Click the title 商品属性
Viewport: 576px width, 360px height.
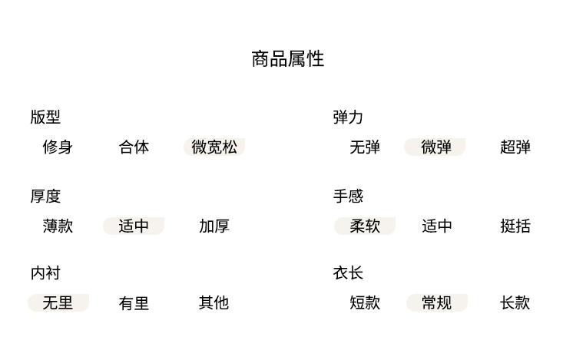tap(288, 59)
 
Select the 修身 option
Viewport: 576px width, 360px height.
tap(58, 147)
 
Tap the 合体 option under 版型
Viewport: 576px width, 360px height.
tap(134, 147)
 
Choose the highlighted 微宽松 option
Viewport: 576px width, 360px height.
tap(214, 147)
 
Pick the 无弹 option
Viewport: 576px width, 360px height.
tap(365, 147)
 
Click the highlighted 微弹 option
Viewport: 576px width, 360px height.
tap(435, 147)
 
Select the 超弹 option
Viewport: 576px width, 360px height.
tap(515, 147)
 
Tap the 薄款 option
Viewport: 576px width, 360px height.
tap(58, 226)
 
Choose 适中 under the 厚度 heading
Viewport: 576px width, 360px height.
tap(134, 226)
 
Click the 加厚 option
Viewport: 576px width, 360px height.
tap(214, 226)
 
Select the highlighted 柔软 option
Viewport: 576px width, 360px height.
tap(365, 226)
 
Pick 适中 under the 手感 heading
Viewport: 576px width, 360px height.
tap(437, 226)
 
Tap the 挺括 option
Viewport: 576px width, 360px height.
tap(515, 226)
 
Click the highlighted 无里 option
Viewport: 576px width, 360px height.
tap(58, 303)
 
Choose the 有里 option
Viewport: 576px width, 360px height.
tap(134, 303)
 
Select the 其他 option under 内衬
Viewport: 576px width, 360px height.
tap(214, 303)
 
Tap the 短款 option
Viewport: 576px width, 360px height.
tap(365, 303)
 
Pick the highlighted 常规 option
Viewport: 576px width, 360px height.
tap(437, 303)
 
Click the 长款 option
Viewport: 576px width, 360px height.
tap(515, 303)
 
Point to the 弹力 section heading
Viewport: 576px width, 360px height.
tap(348, 117)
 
